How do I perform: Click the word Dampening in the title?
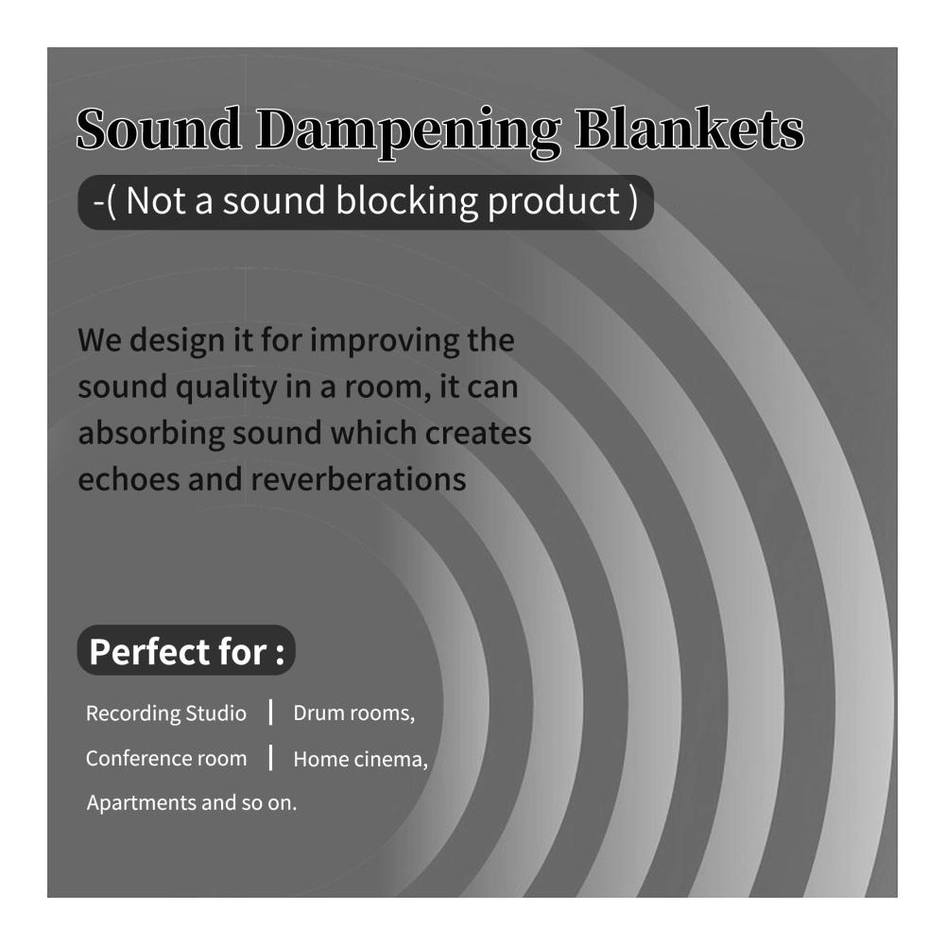(408, 132)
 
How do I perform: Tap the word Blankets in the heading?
(689, 129)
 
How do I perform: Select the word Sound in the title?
(159, 129)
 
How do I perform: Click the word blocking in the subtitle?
(406, 202)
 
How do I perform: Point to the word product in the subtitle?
(554, 202)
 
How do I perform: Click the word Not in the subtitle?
(156, 200)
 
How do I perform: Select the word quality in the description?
(227, 387)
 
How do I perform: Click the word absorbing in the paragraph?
(151, 434)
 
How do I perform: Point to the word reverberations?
(358, 480)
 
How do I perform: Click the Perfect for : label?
(186, 651)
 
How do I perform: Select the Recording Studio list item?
(166, 713)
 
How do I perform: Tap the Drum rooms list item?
(353, 713)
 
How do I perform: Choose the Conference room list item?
(166, 758)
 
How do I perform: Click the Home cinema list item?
(360, 759)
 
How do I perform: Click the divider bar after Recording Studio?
(270, 712)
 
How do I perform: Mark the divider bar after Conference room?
(270, 758)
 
